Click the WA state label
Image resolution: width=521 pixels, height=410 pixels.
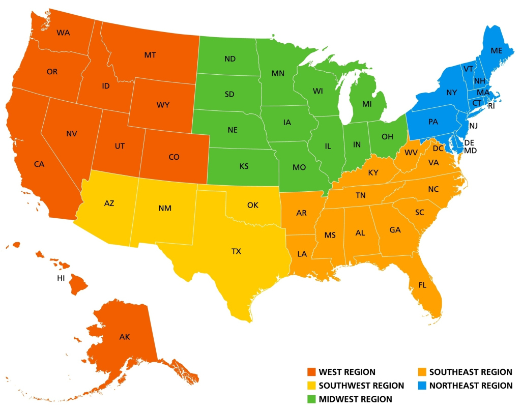pyautogui.click(x=63, y=33)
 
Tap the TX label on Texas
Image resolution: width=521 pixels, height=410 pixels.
pyautogui.click(x=237, y=251)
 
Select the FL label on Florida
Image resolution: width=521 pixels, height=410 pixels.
pyautogui.click(x=422, y=285)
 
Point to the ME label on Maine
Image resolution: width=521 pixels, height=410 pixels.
pyautogui.click(x=496, y=51)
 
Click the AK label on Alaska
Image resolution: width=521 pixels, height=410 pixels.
pyautogui.click(x=125, y=337)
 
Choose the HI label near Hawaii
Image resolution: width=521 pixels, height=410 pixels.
pyautogui.click(x=61, y=278)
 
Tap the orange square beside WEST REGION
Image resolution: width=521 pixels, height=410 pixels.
pyautogui.click(x=311, y=372)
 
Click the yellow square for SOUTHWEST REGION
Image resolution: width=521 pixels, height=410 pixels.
pyautogui.click(x=311, y=386)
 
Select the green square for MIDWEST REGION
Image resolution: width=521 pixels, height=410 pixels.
pyautogui.click(x=311, y=399)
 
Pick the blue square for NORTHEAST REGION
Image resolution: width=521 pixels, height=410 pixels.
pyautogui.click(x=422, y=386)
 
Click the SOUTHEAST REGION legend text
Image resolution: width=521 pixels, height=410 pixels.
pyautogui.click(x=471, y=372)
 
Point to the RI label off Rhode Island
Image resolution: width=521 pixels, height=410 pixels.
pyautogui.click(x=491, y=106)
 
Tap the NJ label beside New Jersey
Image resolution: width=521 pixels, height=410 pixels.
pyautogui.click(x=473, y=125)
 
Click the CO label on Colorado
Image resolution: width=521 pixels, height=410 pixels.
pyautogui.click(x=174, y=157)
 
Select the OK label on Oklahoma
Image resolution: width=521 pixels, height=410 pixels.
pyautogui.click(x=253, y=205)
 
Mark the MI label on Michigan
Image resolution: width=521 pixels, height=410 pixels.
pyautogui.click(x=367, y=104)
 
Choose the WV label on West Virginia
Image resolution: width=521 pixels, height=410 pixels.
pyautogui.click(x=411, y=153)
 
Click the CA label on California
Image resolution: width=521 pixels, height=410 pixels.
pyautogui.click(x=39, y=164)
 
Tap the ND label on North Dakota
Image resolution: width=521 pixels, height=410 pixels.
pyautogui.click(x=230, y=59)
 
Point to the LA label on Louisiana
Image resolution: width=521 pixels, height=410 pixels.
pyautogui.click(x=302, y=253)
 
